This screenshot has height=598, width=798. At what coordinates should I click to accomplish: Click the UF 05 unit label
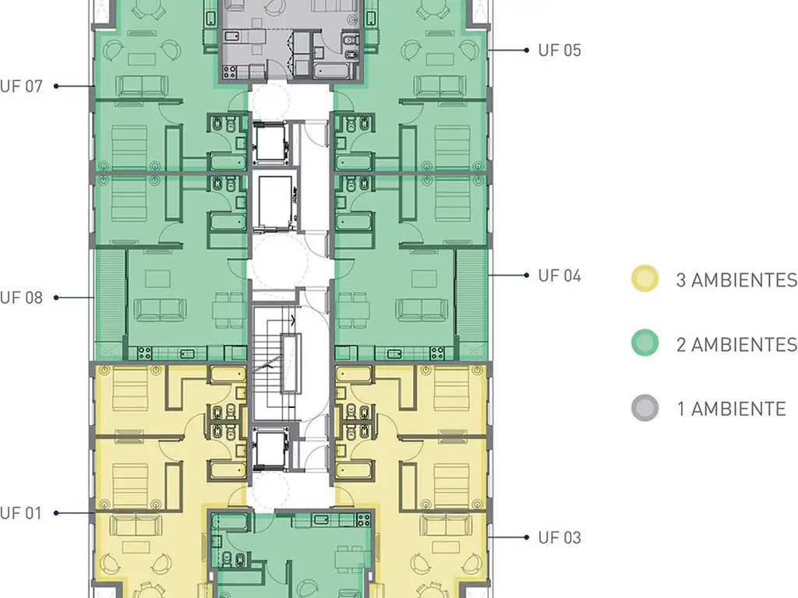click(x=560, y=51)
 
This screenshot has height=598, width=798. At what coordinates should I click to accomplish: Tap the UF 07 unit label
click(x=21, y=86)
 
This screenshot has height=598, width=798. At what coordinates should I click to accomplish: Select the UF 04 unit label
click(x=560, y=276)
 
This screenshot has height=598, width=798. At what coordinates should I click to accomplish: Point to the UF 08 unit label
click(x=21, y=297)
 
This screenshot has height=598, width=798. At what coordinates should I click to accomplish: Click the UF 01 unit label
click(x=21, y=513)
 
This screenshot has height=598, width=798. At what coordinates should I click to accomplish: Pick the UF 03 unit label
click(x=560, y=537)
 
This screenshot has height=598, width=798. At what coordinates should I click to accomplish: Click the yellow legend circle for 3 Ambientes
click(x=644, y=279)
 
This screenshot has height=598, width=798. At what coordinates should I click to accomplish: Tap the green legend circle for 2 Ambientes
click(x=644, y=343)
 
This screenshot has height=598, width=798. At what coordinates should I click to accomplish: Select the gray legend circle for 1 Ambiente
click(x=644, y=408)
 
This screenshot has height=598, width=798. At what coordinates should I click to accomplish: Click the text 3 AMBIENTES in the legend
click(x=736, y=280)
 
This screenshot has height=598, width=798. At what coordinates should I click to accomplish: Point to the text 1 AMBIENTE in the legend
click(x=731, y=409)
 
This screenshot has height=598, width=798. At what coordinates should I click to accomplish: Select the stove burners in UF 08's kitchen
click(x=144, y=353)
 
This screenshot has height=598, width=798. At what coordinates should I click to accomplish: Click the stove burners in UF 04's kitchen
click(x=436, y=353)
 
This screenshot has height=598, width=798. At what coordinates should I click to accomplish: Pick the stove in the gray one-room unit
click(x=230, y=72)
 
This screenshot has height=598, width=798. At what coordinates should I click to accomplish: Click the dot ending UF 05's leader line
click(x=527, y=51)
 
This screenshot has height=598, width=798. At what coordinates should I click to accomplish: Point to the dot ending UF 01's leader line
click(x=56, y=513)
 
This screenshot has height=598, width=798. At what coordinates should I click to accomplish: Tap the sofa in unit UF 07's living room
click(x=142, y=86)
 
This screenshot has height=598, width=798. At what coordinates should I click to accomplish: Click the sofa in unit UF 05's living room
click(x=440, y=86)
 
